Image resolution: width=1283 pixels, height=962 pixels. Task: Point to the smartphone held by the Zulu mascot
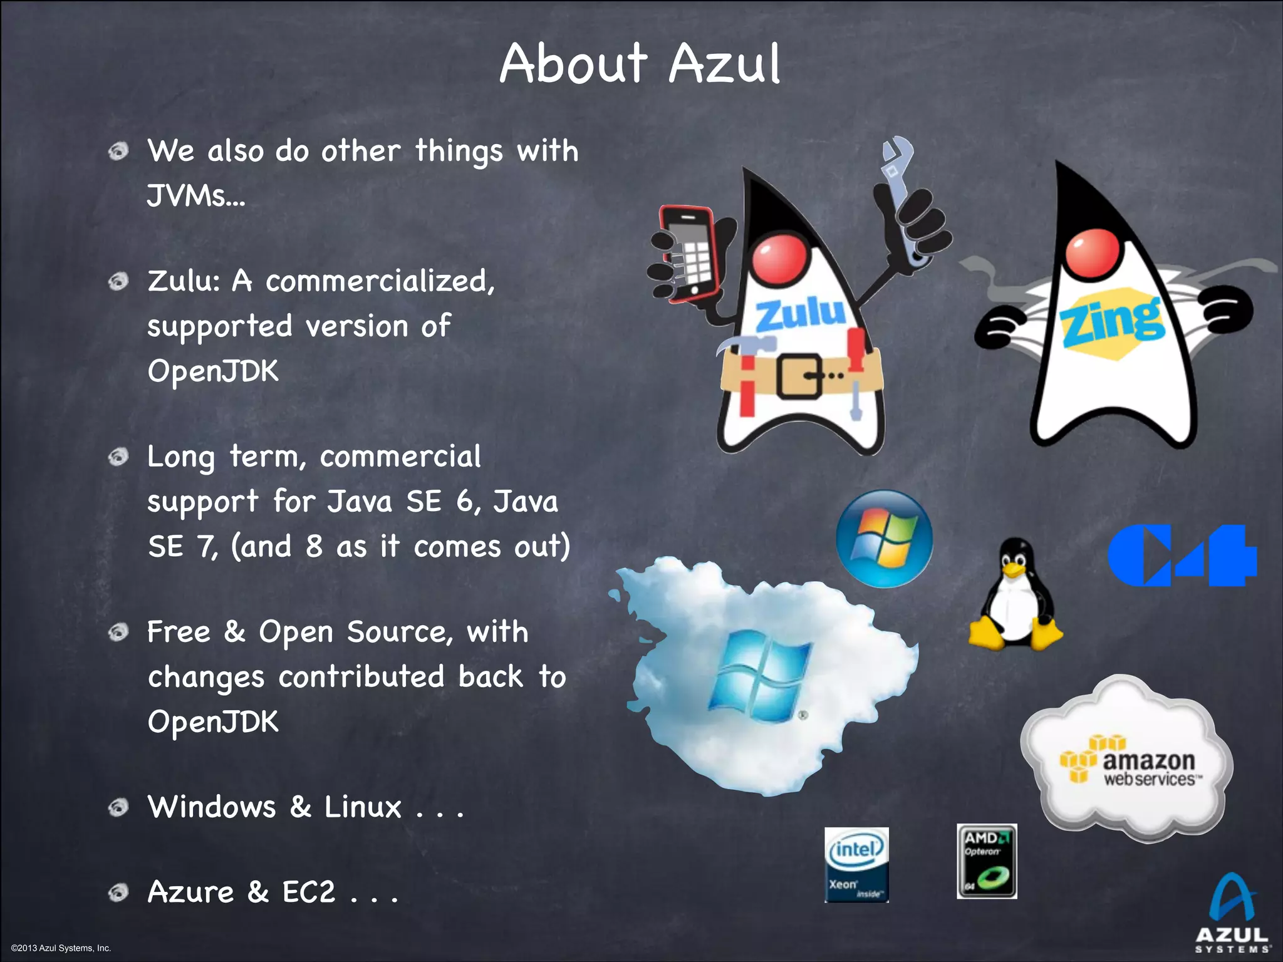pyautogui.click(x=689, y=254)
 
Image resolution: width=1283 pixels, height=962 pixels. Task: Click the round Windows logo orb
pyautogui.click(x=884, y=539)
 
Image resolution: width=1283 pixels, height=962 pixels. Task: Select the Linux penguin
pyautogui.click(x=1015, y=595)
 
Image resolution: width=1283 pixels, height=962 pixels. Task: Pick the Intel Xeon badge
pyautogui.click(x=856, y=864)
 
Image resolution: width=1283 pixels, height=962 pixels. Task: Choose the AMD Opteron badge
pyautogui.click(x=987, y=862)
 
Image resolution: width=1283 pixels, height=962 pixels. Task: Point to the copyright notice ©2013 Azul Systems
pyautogui.click(x=61, y=948)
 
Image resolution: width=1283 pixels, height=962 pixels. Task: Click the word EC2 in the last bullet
pyautogui.click(x=309, y=892)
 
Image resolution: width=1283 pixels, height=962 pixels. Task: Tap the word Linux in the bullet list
pyautogui.click(x=362, y=807)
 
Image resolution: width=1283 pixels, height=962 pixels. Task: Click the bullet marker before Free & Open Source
pyautogui.click(x=118, y=632)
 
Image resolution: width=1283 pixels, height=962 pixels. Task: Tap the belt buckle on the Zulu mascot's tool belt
pyautogui.click(x=801, y=375)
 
